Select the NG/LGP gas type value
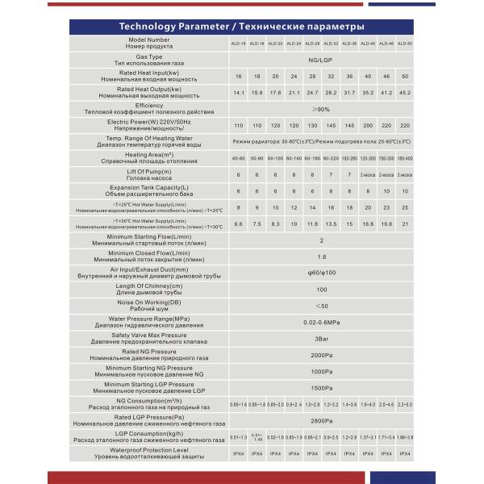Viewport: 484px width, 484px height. (321, 60)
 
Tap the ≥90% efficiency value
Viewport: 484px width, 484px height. (321, 109)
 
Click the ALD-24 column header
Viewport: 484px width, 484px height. (294, 43)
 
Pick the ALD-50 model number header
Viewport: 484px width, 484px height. (405, 43)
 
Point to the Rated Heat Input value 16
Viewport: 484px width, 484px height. (238, 76)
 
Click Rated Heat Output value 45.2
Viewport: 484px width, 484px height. (405, 92)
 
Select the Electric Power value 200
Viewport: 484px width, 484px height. (368, 126)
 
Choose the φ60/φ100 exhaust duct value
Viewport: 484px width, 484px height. (321, 273)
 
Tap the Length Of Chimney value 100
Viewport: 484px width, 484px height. (321, 289)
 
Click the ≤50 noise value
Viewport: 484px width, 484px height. (321, 306)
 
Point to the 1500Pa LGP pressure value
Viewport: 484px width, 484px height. (321, 387)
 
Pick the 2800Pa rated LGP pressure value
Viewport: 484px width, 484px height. (321, 420)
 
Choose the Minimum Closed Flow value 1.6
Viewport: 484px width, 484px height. (321, 256)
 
